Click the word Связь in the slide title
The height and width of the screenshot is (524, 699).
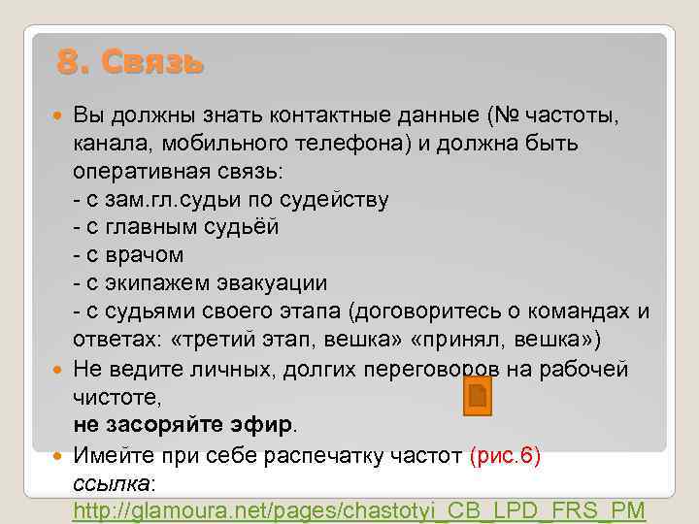tap(154, 63)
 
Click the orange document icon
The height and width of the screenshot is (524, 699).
tap(477, 396)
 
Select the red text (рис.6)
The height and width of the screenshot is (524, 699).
tap(505, 456)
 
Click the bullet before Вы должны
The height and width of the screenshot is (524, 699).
tap(62, 116)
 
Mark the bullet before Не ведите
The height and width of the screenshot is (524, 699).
tap(62, 370)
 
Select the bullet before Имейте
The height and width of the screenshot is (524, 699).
tap(62, 456)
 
